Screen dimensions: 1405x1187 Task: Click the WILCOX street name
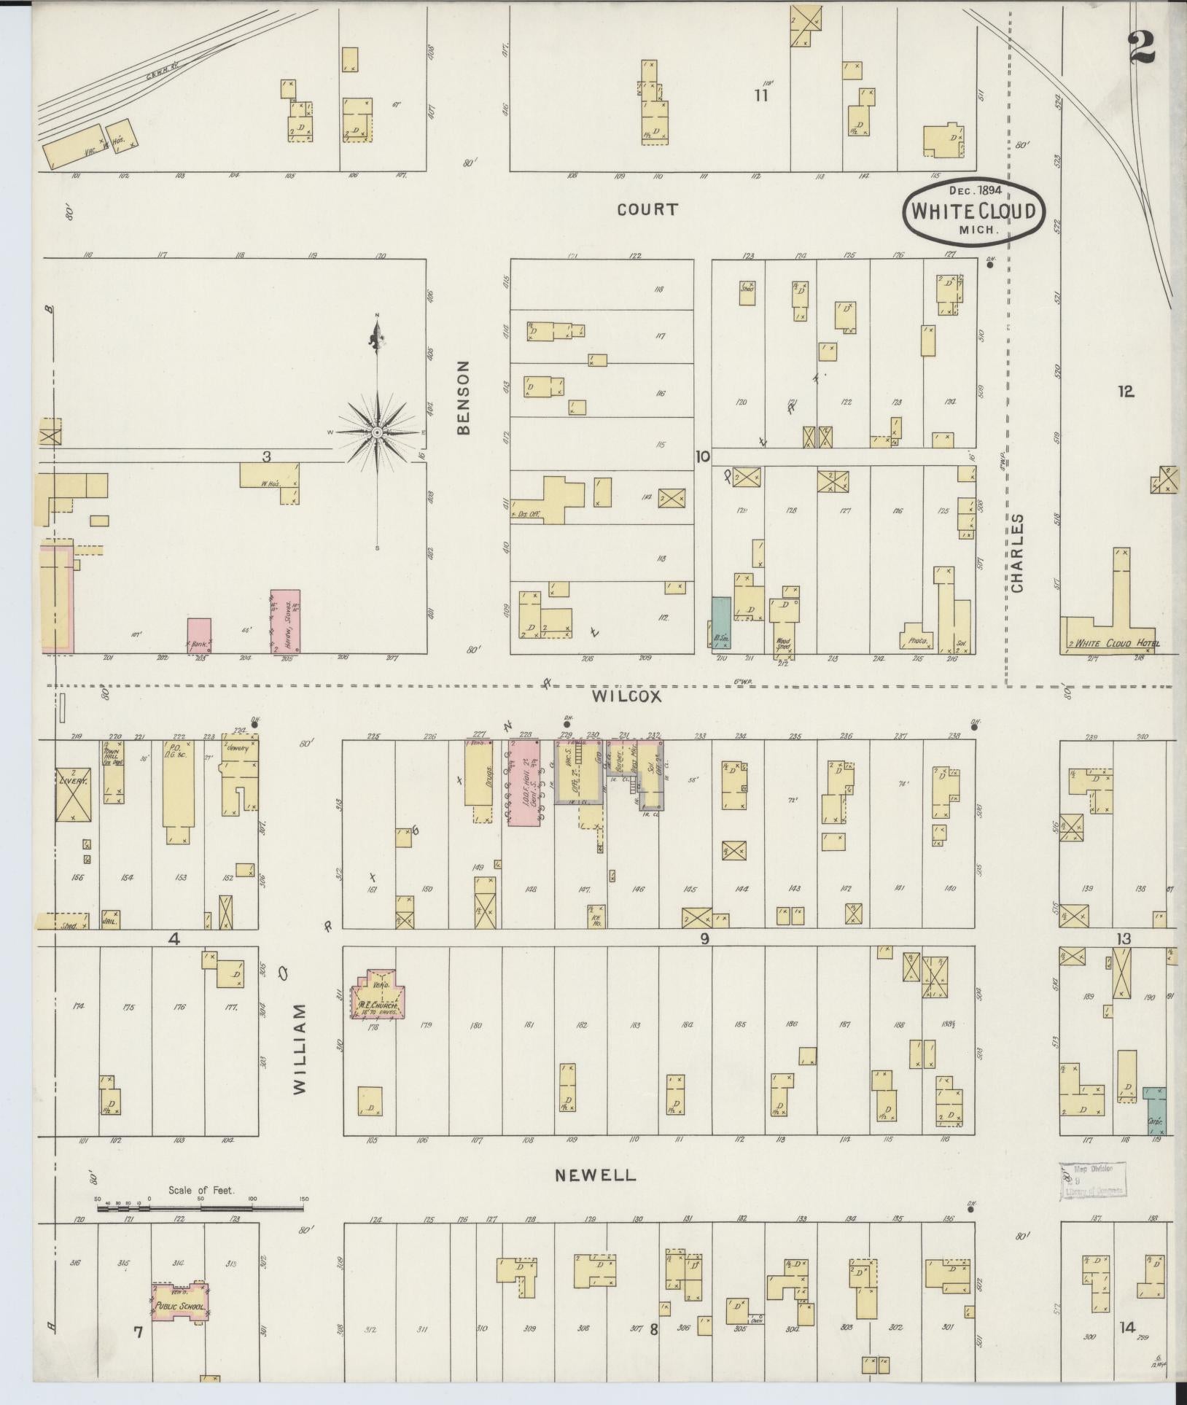tap(626, 696)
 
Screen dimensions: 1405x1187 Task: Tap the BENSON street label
tap(464, 397)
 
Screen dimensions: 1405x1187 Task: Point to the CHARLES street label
tap(1017, 553)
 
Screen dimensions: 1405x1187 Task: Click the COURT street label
tap(647, 210)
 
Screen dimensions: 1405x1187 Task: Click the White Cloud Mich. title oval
tap(974, 211)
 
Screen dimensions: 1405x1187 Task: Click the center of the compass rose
tap(377, 433)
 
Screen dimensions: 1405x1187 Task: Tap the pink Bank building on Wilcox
tap(199, 636)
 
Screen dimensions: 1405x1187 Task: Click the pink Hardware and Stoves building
tap(285, 621)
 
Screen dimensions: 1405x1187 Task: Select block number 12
tap(1126, 392)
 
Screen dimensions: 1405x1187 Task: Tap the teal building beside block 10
tap(720, 622)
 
